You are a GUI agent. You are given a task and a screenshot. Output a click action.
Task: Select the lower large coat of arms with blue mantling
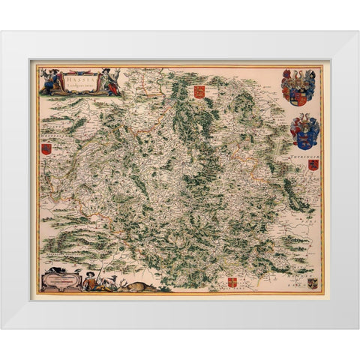point(304,130)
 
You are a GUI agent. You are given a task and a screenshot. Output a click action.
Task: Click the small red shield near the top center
point(199,91)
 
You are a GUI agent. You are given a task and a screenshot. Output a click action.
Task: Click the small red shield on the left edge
point(46,148)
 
